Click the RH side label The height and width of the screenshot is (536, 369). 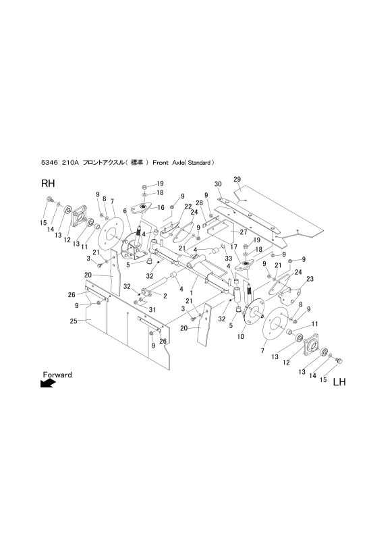coord(48,184)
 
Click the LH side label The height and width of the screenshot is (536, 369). coord(339,381)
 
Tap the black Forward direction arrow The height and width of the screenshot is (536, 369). coord(48,383)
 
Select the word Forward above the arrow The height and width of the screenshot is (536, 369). coord(57,374)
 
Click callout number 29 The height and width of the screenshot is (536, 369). coord(237,179)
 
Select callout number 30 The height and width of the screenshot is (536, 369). coord(218,184)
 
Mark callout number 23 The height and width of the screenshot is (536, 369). coord(310,279)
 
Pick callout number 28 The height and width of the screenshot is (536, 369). coord(200,203)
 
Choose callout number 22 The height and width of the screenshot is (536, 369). coord(169,207)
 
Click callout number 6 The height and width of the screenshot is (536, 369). coord(125,211)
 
